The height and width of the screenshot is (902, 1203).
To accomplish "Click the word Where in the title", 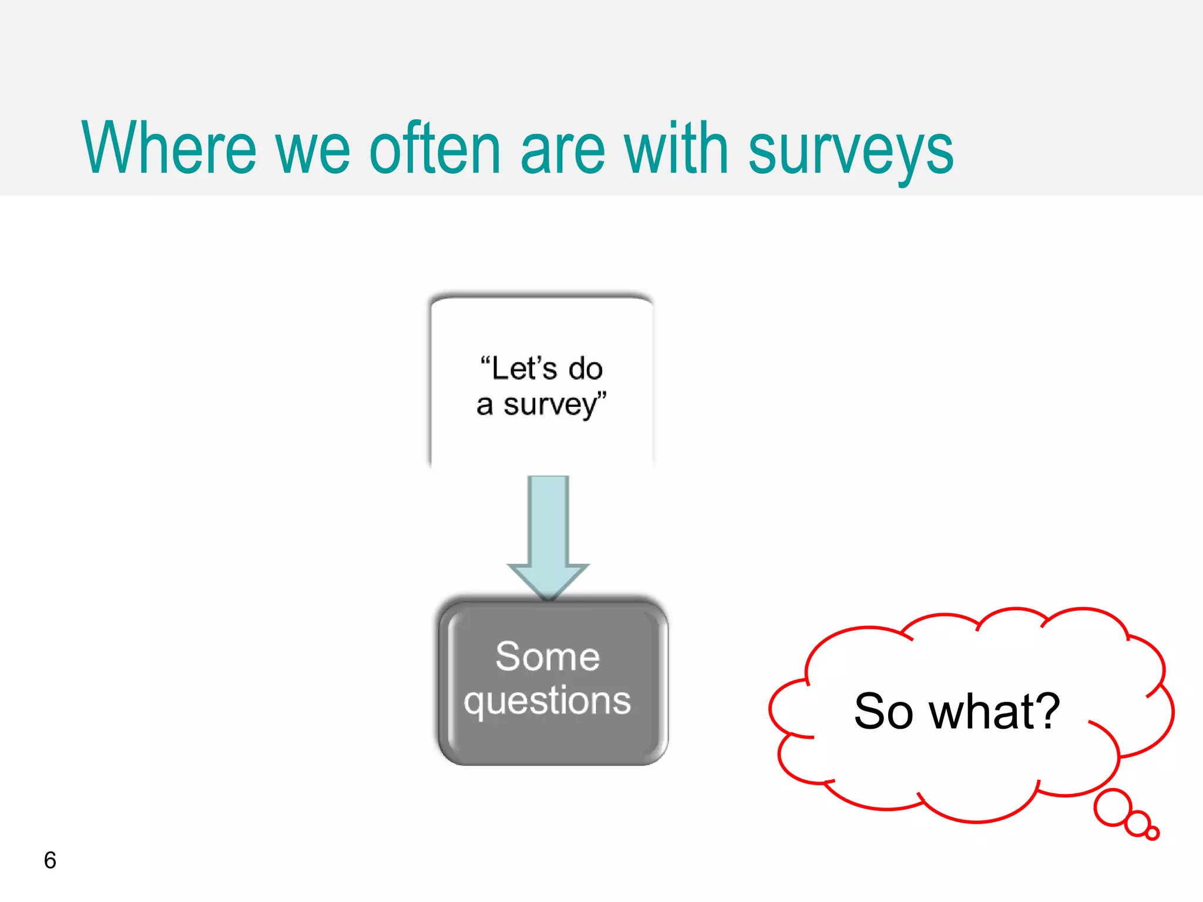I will pos(169,148).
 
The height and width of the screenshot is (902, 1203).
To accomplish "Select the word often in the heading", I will pos(435,148).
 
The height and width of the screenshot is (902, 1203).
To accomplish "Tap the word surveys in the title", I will pos(851,152).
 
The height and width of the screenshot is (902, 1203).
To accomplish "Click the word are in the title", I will pos(562,152).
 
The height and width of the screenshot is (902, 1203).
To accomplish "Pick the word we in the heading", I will pos(312,152).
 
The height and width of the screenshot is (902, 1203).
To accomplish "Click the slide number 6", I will pos(50,860).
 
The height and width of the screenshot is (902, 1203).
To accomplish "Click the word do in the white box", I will pos(586,369).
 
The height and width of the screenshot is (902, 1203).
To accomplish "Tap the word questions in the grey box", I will pos(547,701).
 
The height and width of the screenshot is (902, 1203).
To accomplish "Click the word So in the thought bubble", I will pos(883,712).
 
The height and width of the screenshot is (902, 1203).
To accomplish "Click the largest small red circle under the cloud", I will pos(1113,807).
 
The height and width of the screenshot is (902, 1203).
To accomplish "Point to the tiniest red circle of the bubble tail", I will pos(1152,833).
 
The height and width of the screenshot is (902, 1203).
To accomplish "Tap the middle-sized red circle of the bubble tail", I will pos(1138,823).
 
